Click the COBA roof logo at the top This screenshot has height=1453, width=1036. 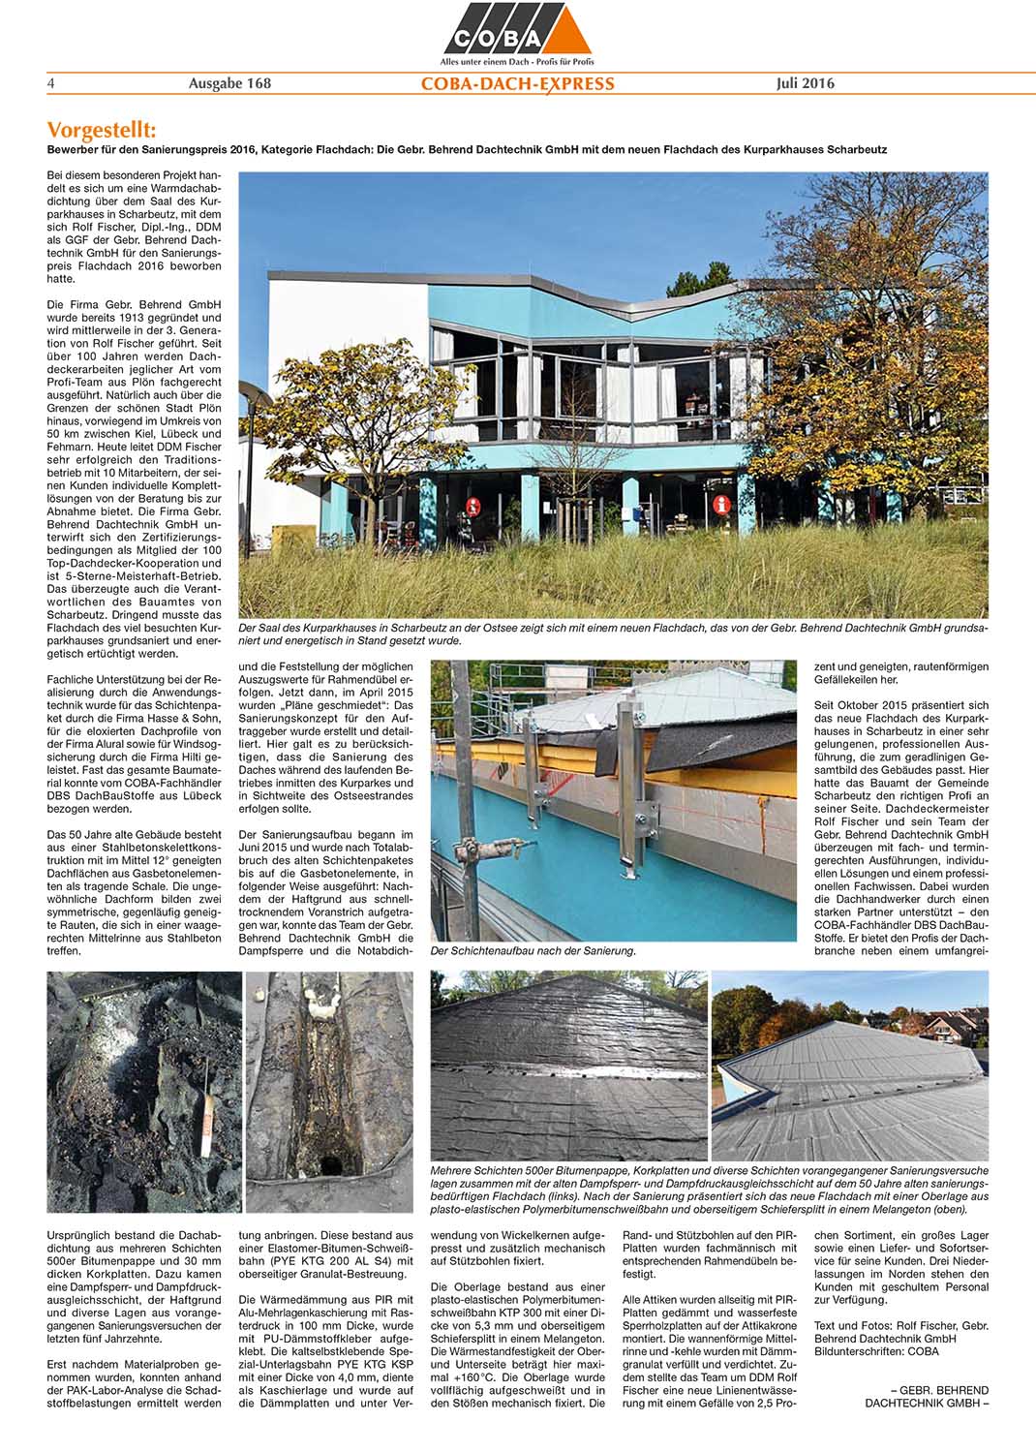pos(517,29)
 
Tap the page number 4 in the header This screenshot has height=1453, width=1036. pos(51,83)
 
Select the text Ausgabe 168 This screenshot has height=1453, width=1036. pos(229,83)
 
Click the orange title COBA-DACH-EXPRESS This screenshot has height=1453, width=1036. pos(517,84)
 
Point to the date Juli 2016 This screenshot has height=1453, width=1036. pos(805,83)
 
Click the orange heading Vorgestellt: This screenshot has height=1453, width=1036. pos(101,131)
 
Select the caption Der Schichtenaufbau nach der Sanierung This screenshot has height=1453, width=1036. pos(533,951)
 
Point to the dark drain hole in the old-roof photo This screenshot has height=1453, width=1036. pos(331,1163)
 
